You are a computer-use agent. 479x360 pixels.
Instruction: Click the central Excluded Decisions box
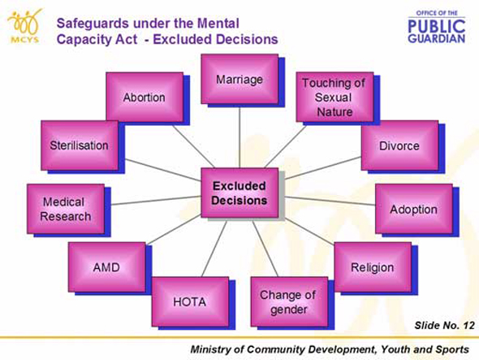[x=239, y=193]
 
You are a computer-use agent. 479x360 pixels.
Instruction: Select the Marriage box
[x=239, y=79]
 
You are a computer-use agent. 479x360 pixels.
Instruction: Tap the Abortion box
[x=145, y=98]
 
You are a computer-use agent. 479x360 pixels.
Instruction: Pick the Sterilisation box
[x=80, y=145]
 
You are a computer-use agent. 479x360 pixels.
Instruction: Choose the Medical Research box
[x=66, y=209]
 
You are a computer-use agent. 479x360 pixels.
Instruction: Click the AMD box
[x=107, y=267]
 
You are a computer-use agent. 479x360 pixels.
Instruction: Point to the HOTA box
[x=190, y=301]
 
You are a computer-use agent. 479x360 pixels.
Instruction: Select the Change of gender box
[x=289, y=301]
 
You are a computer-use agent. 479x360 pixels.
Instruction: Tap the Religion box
[x=373, y=267]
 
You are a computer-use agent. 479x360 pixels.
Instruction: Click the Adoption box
[x=414, y=209]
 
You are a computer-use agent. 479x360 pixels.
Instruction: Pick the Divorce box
[x=400, y=145]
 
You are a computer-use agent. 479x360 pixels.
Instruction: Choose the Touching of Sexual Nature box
[x=334, y=98]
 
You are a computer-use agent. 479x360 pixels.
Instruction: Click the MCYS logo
[x=24, y=26]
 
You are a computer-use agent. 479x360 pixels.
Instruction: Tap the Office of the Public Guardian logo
[x=437, y=27]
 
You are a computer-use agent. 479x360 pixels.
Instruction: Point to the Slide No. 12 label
[x=444, y=325]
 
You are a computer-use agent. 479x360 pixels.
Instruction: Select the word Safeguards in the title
[x=92, y=24]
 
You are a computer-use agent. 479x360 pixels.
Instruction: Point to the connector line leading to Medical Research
[x=156, y=201]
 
